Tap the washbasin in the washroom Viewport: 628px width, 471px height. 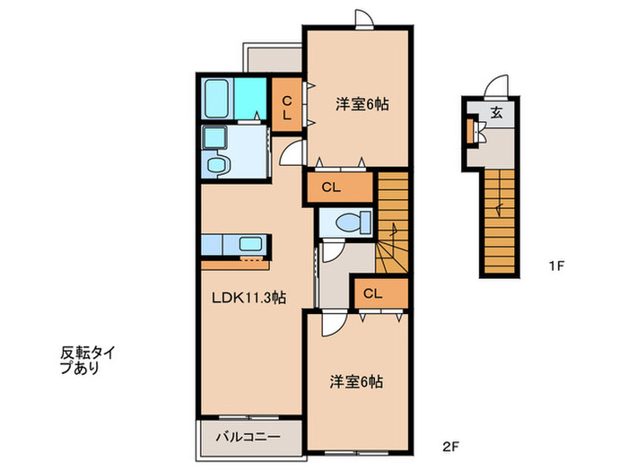point(217,164)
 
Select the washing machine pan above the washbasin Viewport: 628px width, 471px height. point(216,137)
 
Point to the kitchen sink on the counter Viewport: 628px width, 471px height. point(251,243)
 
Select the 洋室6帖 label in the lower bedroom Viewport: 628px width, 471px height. point(355,382)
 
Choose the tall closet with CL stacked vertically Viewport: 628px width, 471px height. point(287,108)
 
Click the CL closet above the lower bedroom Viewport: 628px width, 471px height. point(373,293)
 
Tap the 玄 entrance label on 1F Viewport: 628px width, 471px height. point(496,112)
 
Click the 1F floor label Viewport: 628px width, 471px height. point(557,266)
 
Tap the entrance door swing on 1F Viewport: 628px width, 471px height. point(494,85)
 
